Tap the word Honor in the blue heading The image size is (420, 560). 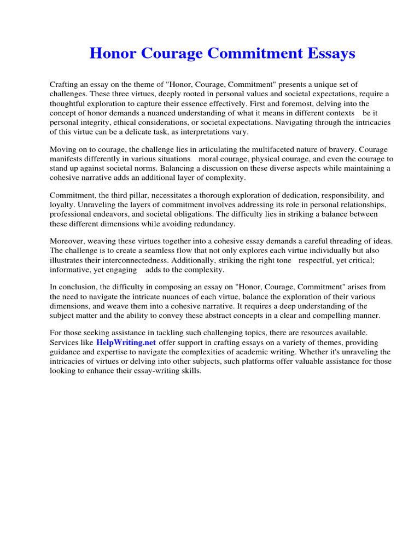tap(111, 54)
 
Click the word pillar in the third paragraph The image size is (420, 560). tap(145, 195)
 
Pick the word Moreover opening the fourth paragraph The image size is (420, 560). tap(68, 241)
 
